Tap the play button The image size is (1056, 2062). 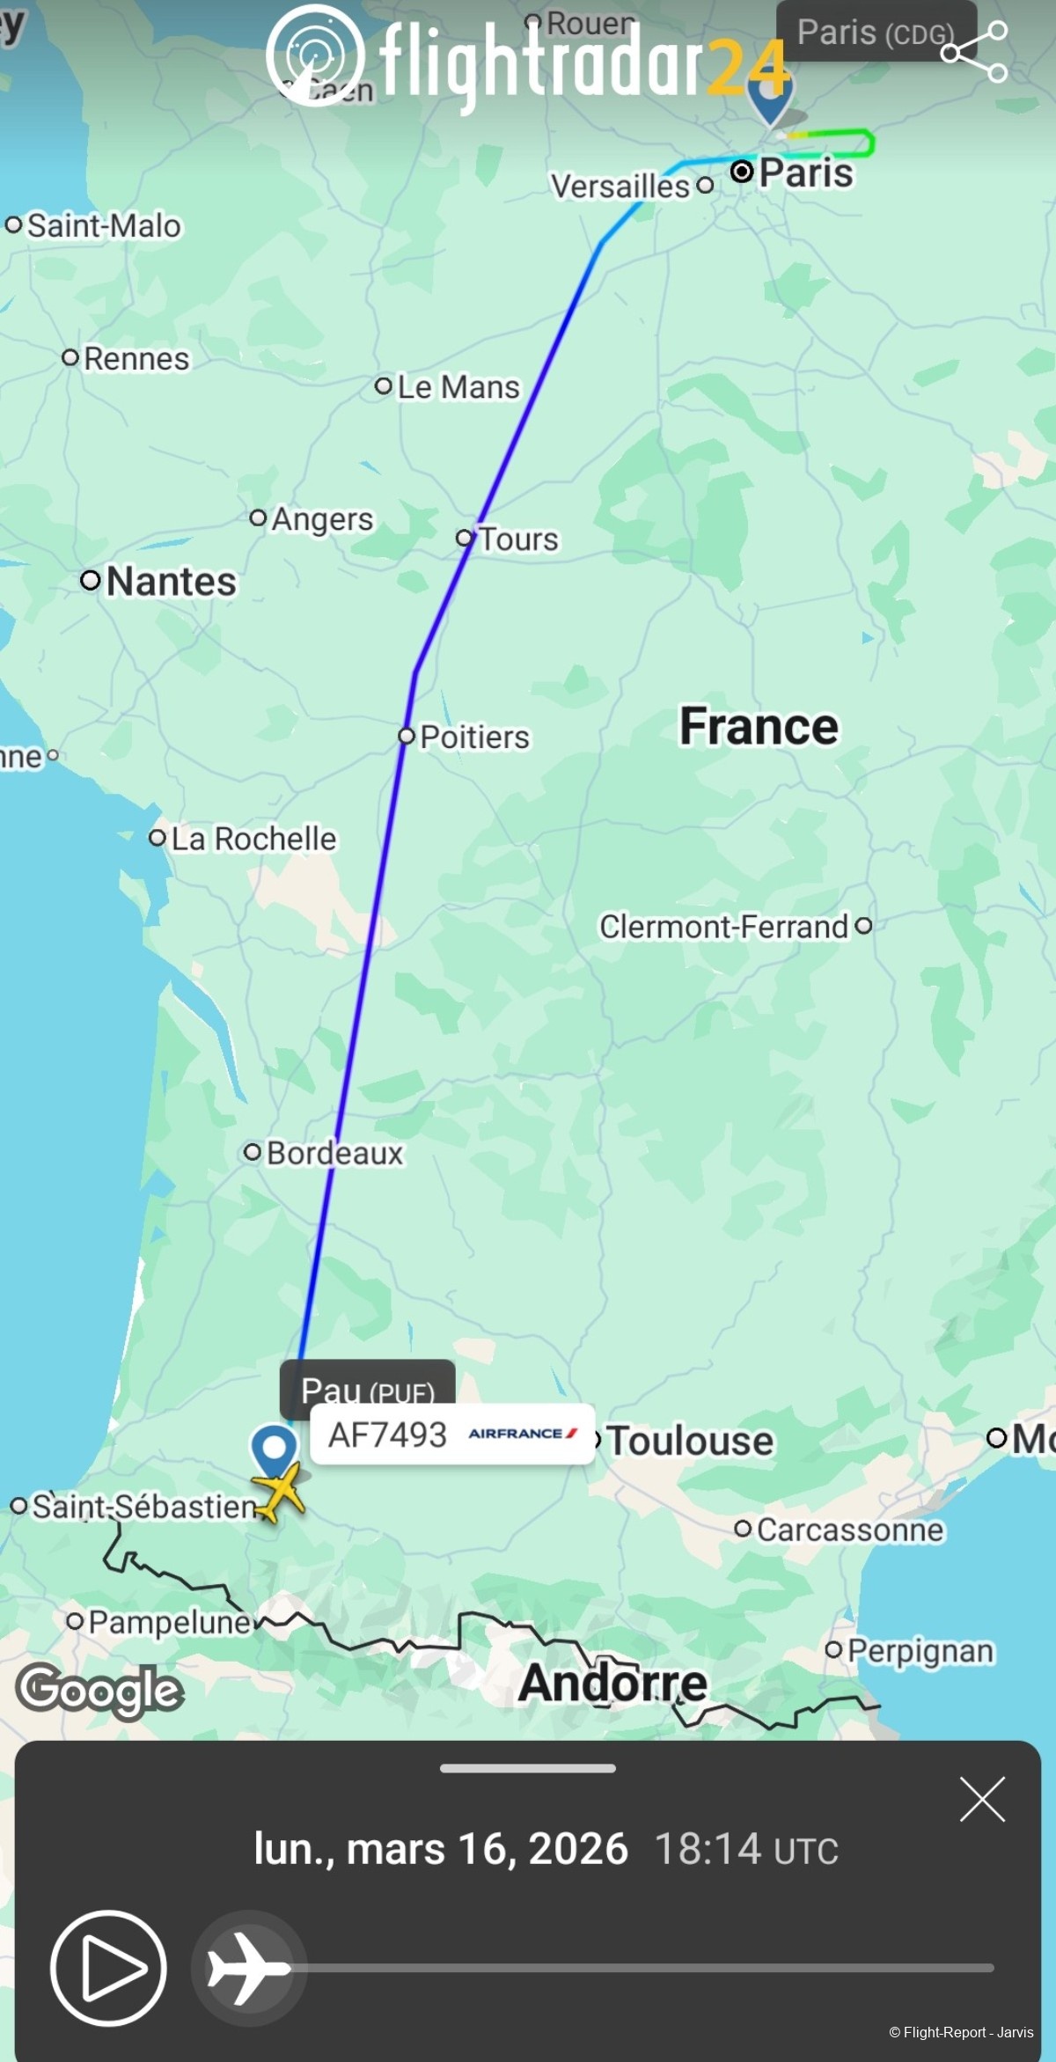[108, 1968]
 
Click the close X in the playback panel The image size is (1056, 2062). [982, 1799]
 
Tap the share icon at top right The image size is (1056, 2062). [974, 52]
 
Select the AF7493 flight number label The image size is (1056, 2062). [387, 1435]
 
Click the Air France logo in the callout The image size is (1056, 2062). [523, 1434]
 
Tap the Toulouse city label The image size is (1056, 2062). [690, 1441]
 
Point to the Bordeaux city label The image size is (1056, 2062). [334, 1153]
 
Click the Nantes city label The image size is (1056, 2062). [171, 582]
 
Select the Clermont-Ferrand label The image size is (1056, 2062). [723, 927]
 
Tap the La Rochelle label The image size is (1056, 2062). [253, 839]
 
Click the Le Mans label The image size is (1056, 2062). [458, 387]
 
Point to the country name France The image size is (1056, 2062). [759, 727]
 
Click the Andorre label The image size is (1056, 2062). [612, 1684]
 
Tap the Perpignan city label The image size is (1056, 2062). [920, 1651]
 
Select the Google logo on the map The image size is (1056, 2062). [99, 1691]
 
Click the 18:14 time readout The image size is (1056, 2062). [708, 1848]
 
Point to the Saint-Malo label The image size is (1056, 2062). [104, 226]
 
